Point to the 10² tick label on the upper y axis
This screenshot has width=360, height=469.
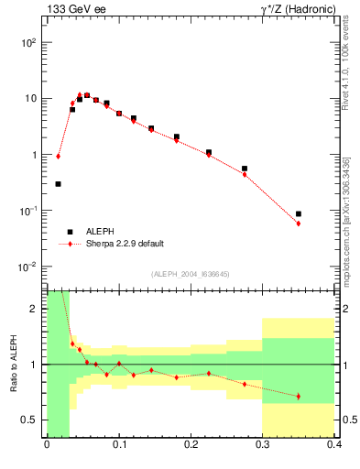[x=28, y=43]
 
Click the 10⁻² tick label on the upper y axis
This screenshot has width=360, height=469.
[x=28, y=267]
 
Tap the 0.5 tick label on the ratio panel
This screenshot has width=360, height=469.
[x=31, y=420]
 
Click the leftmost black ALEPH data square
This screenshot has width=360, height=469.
[x=58, y=184]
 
